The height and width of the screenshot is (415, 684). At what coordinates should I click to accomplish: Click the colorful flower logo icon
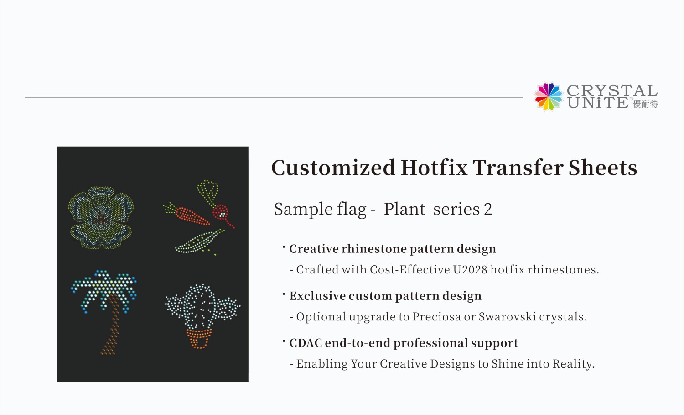(x=549, y=97)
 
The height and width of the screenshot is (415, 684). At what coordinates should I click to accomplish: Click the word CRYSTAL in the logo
(x=611, y=90)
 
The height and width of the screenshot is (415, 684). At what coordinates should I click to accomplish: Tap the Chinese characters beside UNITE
(x=646, y=105)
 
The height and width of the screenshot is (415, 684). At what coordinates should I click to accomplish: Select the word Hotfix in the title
(x=434, y=168)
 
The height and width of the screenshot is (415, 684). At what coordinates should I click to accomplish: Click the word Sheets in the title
(x=602, y=168)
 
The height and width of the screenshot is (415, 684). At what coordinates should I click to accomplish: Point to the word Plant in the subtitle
(x=404, y=209)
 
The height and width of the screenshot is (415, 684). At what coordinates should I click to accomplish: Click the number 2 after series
(x=487, y=210)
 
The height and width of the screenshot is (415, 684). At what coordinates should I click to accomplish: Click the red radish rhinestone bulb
(x=220, y=212)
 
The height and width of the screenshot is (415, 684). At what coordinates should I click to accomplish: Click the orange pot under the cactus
(x=199, y=338)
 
